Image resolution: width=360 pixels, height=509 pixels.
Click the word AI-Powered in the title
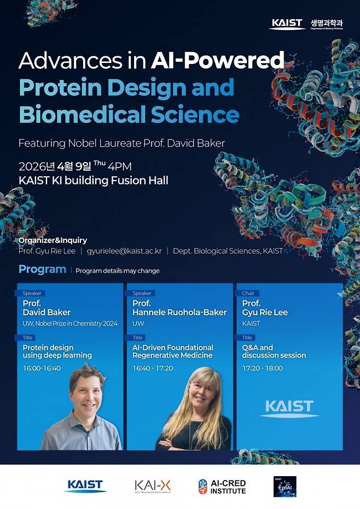(x=218, y=60)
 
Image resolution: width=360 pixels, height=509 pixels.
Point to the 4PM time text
(x=120, y=166)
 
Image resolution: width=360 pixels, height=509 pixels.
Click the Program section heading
(x=42, y=269)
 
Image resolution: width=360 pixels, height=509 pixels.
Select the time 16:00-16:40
(x=42, y=368)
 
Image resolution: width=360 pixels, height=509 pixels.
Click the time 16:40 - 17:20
(x=153, y=368)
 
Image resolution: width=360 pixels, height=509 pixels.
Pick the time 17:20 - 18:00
(x=262, y=368)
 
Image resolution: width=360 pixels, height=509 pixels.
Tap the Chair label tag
(x=248, y=293)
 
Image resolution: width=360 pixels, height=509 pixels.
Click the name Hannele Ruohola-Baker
(x=179, y=313)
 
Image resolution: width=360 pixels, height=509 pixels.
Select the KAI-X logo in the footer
(x=153, y=485)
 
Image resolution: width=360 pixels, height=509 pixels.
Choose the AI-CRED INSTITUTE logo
(x=222, y=487)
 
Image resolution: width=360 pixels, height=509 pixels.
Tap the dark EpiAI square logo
(x=284, y=486)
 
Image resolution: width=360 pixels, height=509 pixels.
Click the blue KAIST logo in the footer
(x=85, y=485)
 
